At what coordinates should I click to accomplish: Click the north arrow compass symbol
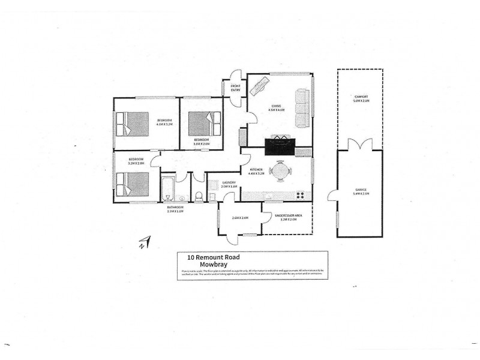[144, 243]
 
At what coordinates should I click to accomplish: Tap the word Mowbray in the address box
[201, 263]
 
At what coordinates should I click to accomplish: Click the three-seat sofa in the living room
[302, 108]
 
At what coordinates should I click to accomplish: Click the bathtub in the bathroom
[167, 189]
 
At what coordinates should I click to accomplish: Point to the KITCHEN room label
[256, 171]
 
